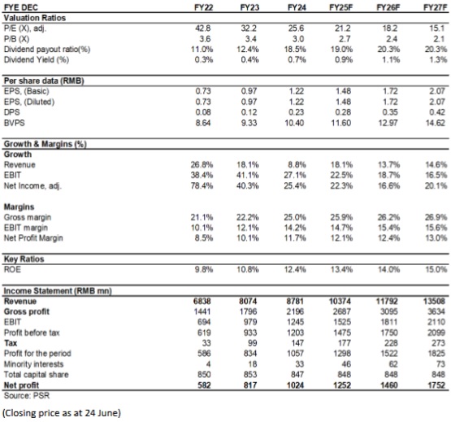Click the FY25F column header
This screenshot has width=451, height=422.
(x=340, y=7)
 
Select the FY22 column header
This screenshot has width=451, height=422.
(x=203, y=7)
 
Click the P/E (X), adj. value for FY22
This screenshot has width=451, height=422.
(x=202, y=28)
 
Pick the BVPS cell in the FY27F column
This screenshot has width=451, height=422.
(x=436, y=123)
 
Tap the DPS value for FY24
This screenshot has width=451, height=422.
(x=296, y=112)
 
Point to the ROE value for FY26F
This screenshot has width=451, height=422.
(x=388, y=269)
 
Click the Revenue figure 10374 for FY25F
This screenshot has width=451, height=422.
(x=340, y=301)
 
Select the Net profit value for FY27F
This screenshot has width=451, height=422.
(x=436, y=385)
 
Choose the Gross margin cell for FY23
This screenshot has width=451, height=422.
(x=248, y=217)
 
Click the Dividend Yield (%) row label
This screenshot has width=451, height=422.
(x=37, y=59)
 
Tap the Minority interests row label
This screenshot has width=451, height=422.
(x=33, y=364)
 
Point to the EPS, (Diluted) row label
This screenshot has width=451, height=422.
(x=29, y=102)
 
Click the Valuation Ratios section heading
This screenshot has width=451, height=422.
(x=34, y=18)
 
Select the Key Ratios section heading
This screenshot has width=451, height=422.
(x=24, y=259)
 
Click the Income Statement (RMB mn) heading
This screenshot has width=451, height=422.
(x=58, y=291)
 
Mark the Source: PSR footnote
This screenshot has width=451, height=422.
(x=27, y=396)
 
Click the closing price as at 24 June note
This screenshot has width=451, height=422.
(x=62, y=413)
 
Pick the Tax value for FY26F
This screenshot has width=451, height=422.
(x=391, y=343)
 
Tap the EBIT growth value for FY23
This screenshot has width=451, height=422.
(x=248, y=175)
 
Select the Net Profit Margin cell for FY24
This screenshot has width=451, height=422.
(x=295, y=238)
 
